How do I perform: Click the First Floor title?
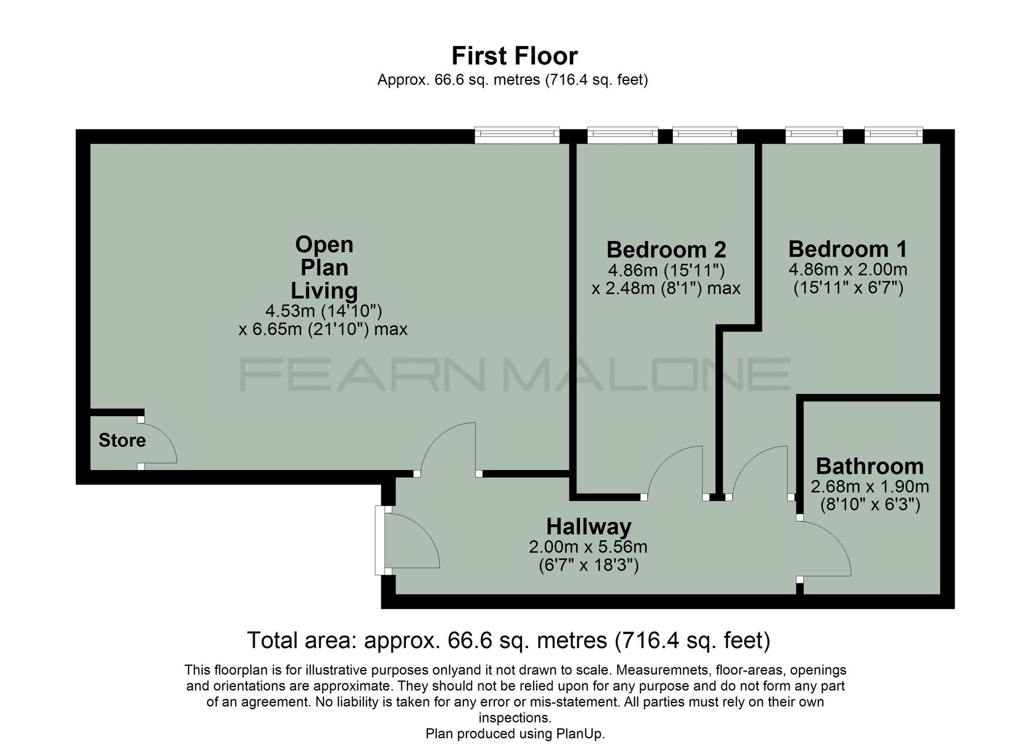pyautogui.click(x=514, y=56)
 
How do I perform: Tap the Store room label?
pyautogui.click(x=122, y=440)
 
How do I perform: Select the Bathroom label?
pyautogui.click(x=870, y=466)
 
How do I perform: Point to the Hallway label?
pyautogui.click(x=589, y=527)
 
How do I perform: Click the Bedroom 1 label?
pyautogui.click(x=847, y=249)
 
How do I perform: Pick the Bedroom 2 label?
pyautogui.click(x=666, y=249)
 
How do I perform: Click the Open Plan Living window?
pyautogui.click(x=517, y=136)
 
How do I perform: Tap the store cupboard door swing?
pyautogui.click(x=157, y=443)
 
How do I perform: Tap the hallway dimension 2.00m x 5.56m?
pyautogui.click(x=588, y=546)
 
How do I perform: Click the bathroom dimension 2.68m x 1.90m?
pyautogui.click(x=870, y=486)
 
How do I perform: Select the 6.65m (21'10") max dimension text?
pyautogui.click(x=323, y=329)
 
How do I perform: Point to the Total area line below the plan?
pyautogui.click(x=509, y=640)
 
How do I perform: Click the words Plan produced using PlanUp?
pyautogui.click(x=515, y=734)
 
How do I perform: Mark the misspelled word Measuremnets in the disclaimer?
pyautogui.click(x=661, y=670)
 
